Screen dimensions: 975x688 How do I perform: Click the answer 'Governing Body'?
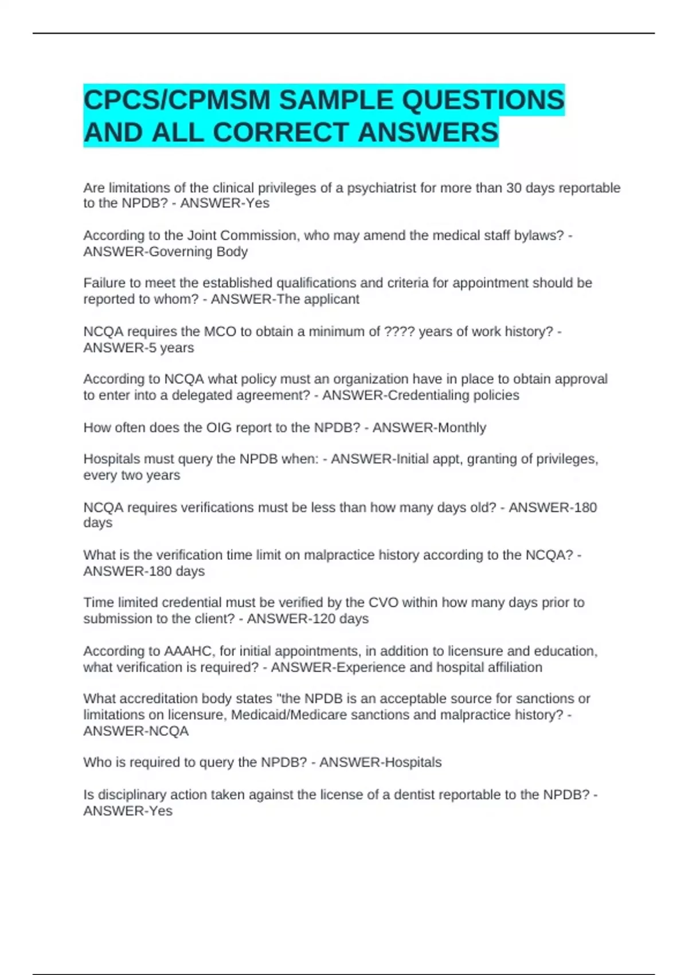coord(198,252)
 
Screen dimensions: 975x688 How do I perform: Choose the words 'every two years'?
coord(132,475)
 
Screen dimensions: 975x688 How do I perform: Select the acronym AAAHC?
coord(189,652)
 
